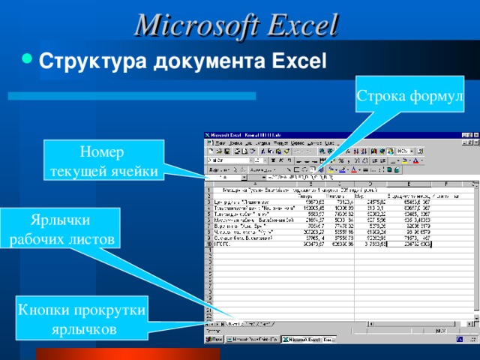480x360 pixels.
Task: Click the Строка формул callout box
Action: click(x=410, y=96)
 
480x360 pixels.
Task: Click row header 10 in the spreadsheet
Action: click(x=208, y=244)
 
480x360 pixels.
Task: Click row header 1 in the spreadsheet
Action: click(x=208, y=190)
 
